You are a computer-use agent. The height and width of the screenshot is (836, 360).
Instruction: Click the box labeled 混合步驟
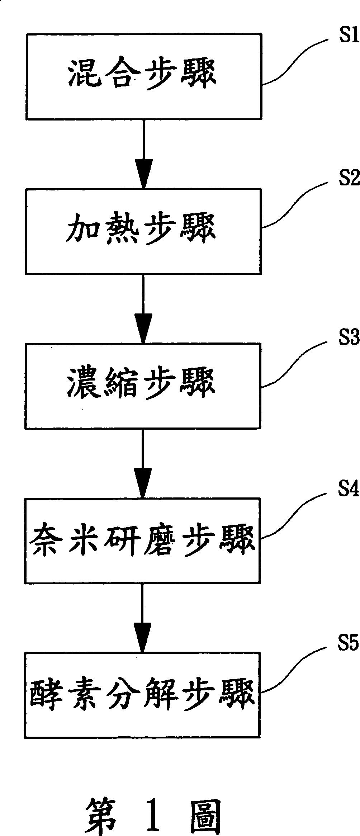click(x=143, y=76)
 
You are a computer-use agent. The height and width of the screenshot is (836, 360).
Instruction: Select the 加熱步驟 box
click(x=143, y=231)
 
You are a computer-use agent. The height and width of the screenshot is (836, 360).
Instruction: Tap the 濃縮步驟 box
click(x=143, y=386)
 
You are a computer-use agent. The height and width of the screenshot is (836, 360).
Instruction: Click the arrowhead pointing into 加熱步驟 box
click(x=143, y=174)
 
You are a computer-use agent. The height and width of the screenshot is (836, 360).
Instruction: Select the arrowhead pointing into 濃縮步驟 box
click(x=143, y=328)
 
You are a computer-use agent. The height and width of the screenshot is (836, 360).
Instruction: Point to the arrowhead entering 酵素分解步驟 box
click(x=142, y=637)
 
